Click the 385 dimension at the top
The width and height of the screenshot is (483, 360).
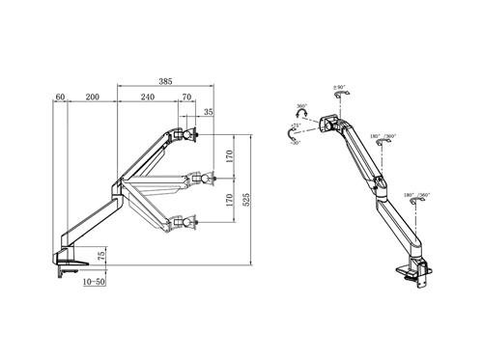(166, 83)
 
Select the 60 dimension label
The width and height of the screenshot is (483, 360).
(60, 97)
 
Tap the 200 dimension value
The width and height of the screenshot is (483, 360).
(92, 97)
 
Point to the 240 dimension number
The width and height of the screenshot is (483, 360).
(147, 97)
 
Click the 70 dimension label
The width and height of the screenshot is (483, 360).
(185, 97)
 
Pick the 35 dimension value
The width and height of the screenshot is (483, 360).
(209, 113)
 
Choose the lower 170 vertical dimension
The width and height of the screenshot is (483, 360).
(228, 201)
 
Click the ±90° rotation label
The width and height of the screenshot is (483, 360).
(340, 90)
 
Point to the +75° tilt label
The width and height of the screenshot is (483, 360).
(296, 125)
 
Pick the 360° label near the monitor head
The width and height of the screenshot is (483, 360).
(301, 107)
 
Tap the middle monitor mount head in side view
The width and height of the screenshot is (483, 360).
(200, 179)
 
